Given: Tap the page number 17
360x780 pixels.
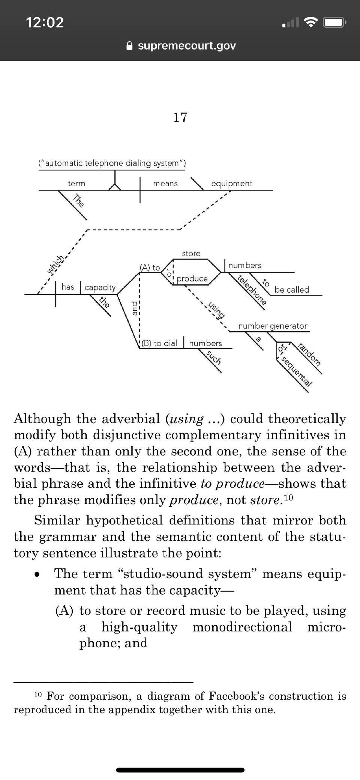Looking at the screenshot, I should click(x=180, y=117).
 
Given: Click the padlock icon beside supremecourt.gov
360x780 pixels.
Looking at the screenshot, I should click(x=129, y=46).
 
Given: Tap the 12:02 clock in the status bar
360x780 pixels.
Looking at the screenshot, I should click(x=45, y=23).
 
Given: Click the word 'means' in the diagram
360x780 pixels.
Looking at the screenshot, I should click(x=165, y=183).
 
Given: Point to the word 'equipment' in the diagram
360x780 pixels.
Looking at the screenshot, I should click(x=232, y=183).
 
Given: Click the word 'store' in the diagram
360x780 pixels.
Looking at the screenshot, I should click(x=191, y=254).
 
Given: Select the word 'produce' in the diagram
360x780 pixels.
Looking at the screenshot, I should click(x=192, y=279).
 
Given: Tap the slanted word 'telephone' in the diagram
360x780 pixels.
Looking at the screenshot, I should click(x=252, y=289).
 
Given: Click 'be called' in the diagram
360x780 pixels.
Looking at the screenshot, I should click(x=292, y=290).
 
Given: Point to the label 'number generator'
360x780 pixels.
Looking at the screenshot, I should click(x=273, y=326).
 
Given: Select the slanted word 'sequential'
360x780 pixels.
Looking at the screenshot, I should click(x=296, y=371).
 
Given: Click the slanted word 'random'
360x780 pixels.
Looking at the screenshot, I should click(x=309, y=354).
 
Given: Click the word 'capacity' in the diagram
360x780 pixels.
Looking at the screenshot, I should click(x=100, y=287).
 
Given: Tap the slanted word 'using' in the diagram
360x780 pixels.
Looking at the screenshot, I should click(x=216, y=309).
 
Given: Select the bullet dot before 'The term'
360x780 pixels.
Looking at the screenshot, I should click(x=37, y=575).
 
